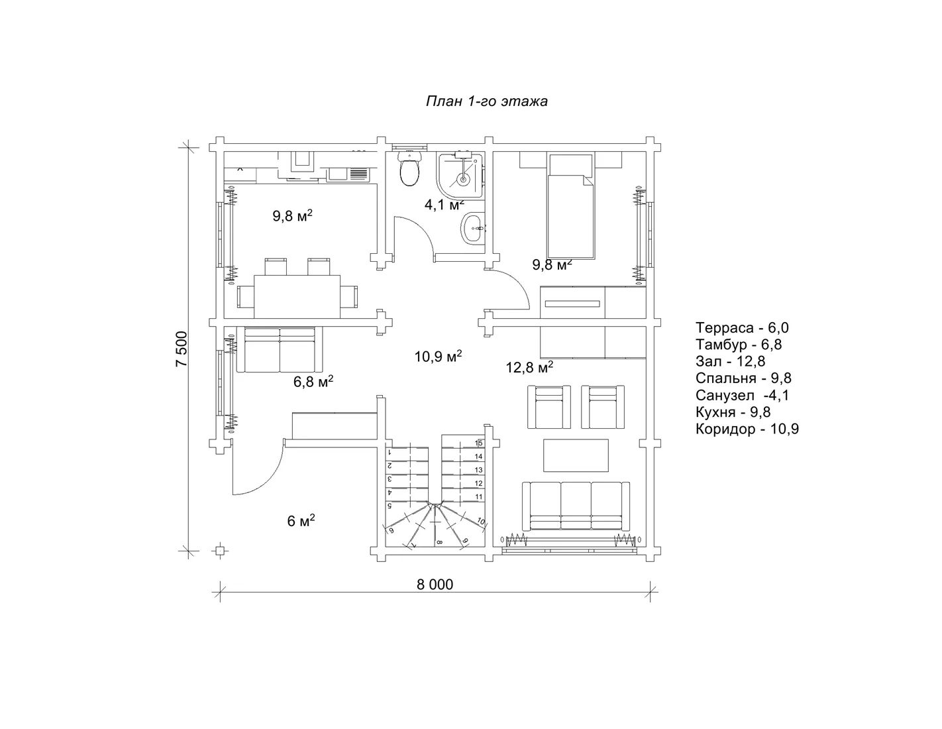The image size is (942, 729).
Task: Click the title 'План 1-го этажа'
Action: [x=486, y=101]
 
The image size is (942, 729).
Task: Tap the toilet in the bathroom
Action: [x=409, y=169]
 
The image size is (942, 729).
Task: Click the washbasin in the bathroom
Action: [x=472, y=228]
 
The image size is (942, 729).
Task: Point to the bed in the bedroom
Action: [x=570, y=205]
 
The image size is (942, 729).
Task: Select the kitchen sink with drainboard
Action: [x=348, y=174]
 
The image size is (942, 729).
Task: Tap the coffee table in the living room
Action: [x=576, y=455]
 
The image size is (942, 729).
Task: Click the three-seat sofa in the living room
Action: [x=576, y=506]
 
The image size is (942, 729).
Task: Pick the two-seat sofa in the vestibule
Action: [x=279, y=349]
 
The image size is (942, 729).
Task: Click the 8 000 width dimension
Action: [x=435, y=585]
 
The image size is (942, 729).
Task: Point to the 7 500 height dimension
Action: [x=182, y=349]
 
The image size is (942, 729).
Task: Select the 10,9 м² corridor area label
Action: [x=438, y=357]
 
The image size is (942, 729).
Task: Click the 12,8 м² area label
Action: [x=529, y=367]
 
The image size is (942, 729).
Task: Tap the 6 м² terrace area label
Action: [x=301, y=520]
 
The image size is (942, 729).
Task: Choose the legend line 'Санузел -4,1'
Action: [x=742, y=395]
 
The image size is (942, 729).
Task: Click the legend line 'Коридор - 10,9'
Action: [x=747, y=429]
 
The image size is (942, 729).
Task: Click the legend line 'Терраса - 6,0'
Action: [x=742, y=327]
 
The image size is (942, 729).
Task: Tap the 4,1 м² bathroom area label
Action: [x=445, y=205]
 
